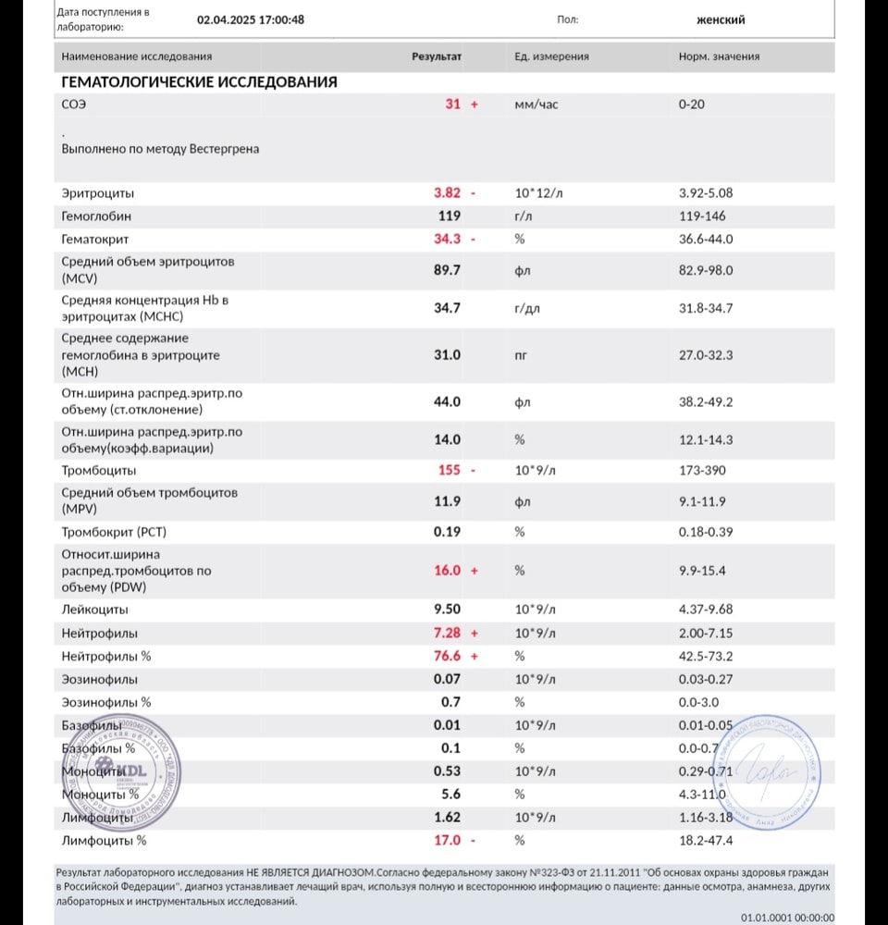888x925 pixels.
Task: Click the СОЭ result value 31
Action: [x=452, y=105]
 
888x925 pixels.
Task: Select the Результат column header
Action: [x=437, y=56]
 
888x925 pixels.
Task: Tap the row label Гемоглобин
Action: [x=96, y=216]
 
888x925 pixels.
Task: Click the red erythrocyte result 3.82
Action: [x=448, y=193]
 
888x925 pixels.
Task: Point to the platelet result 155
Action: [x=449, y=470]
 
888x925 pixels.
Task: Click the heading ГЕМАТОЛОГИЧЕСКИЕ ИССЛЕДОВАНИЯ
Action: [x=199, y=82]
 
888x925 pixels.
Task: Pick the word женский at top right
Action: [x=721, y=19]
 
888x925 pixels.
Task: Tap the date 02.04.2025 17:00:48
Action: [x=251, y=19]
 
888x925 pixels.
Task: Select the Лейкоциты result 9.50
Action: [x=448, y=610]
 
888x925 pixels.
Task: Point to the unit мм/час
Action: [x=536, y=105]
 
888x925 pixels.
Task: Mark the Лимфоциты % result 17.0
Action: [x=448, y=841]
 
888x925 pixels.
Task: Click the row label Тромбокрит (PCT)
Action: [x=114, y=532]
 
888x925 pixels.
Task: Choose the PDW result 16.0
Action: [x=448, y=571]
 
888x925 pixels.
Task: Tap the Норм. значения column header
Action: [x=719, y=56]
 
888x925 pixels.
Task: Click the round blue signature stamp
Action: [x=772, y=767]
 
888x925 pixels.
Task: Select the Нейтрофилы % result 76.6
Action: [x=448, y=656]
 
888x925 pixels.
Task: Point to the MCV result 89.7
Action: [x=448, y=269]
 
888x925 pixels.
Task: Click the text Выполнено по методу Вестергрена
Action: [x=160, y=148]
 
